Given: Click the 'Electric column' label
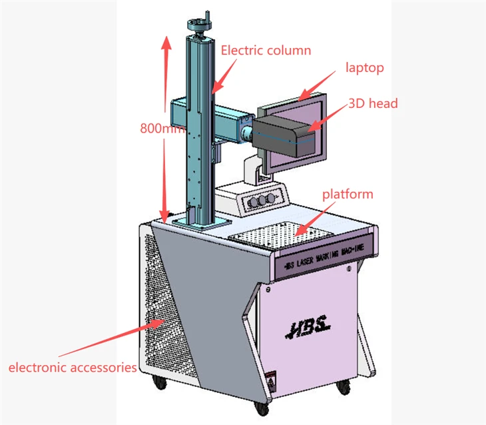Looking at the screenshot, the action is (266, 51).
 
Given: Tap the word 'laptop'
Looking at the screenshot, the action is (365, 68).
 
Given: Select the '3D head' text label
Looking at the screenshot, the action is (373, 104).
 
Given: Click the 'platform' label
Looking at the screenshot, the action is (348, 195).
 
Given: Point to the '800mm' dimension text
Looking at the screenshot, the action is (162, 128).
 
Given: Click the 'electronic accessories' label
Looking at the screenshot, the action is (73, 368).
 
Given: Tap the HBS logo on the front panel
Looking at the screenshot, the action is (308, 327).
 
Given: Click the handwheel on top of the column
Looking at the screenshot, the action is (198, 23).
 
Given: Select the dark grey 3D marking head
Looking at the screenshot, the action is (284, 133).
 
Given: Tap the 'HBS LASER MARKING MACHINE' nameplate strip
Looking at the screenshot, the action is (324, 256).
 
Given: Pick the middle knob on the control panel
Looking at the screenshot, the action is (262, 201).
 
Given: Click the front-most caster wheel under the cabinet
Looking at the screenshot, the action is (262, 408).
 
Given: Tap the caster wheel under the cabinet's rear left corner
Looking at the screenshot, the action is (159, 382).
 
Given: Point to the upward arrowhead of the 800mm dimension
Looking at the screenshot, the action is (166, 43).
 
